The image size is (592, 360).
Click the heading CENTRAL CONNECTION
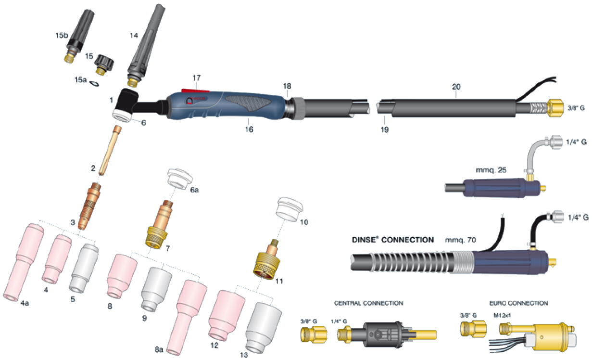pyautogui.click(x=368, y=303)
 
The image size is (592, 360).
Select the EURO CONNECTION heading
pyautogui.click(x=518, y=303)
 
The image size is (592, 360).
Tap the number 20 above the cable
pyautogui.click(x=456, y=87)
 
